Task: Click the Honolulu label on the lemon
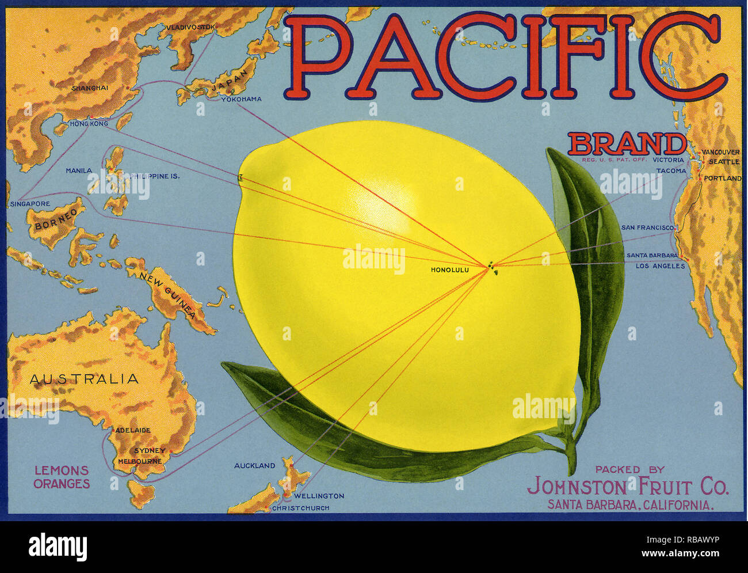[450, 270]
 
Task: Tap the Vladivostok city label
[190, 27]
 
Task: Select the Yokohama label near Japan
[242, 99]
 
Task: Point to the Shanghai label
[90, 88]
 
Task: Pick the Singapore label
[30, 204]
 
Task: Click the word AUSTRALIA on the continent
[84, 379]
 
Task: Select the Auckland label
[254, 465]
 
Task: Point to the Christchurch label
[301, 508]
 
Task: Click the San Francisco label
[647, 228]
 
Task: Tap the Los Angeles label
[661, 266]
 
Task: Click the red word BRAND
[627, 144]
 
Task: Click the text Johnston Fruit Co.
[628, 487]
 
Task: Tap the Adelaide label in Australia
[133, 430]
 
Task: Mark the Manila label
[79, 171]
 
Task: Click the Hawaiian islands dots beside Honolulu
[491, 267]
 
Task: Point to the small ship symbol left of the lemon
[241, 178]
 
